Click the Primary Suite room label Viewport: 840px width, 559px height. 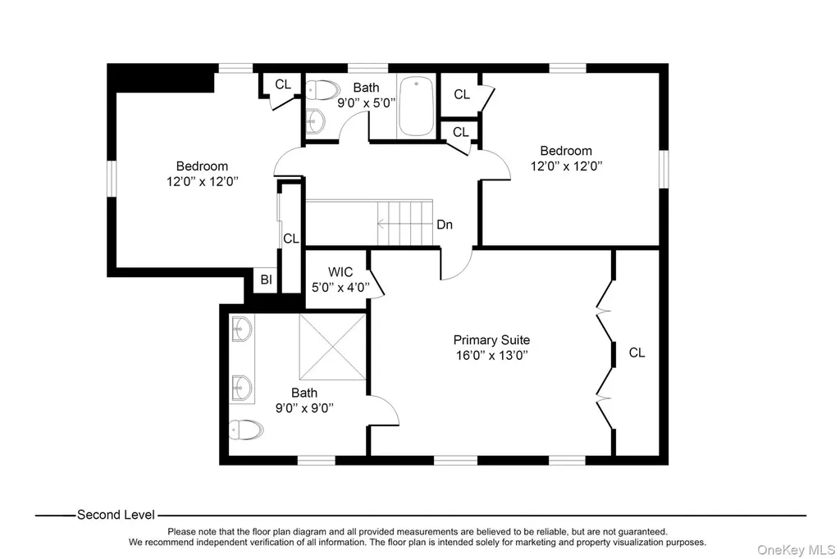click(491, 340)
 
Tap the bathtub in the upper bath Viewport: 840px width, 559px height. click(417, 106)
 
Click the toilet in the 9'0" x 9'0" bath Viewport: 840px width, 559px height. click(246, 429)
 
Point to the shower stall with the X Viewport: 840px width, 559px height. click(333, 347)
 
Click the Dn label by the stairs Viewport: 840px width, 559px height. click(445, 225)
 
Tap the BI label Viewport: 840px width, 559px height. click(267, 279)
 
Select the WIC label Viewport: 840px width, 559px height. click(340, 272)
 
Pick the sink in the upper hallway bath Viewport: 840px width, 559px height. click(316, 121)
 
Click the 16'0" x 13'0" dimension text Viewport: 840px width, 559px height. click(492, 355)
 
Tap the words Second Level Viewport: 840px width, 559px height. click(116, 515)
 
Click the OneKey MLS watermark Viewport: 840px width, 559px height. click(796, 550)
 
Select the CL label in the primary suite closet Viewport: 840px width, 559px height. click(637, 352)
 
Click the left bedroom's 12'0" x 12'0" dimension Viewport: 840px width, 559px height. click(202, 181)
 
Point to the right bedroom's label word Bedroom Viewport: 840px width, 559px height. click(566, 151)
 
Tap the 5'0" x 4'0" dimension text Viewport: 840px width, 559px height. click(340, 288)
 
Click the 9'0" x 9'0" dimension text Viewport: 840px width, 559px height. click(304, 408)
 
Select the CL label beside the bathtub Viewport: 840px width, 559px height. click(462, 94)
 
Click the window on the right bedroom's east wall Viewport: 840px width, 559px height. click(664, 169)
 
